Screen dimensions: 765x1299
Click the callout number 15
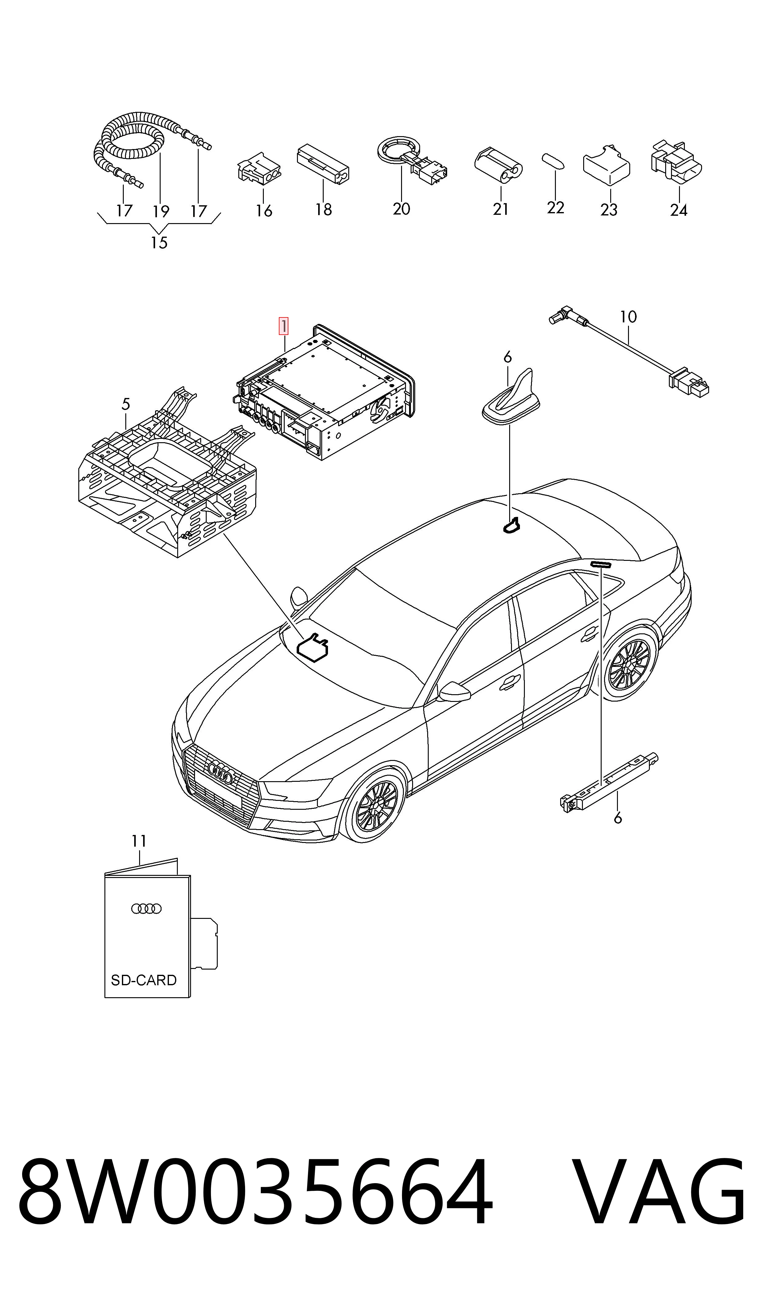tap(159, 242)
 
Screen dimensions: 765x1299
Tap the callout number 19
tap(161, 211)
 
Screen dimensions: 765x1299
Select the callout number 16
tap(264, 211)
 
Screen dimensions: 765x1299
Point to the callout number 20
tap(401, 209)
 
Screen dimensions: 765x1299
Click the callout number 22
tap(556, 207)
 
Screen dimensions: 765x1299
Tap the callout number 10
tap(628, 317)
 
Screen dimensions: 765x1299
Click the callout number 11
tap(139, 841)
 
